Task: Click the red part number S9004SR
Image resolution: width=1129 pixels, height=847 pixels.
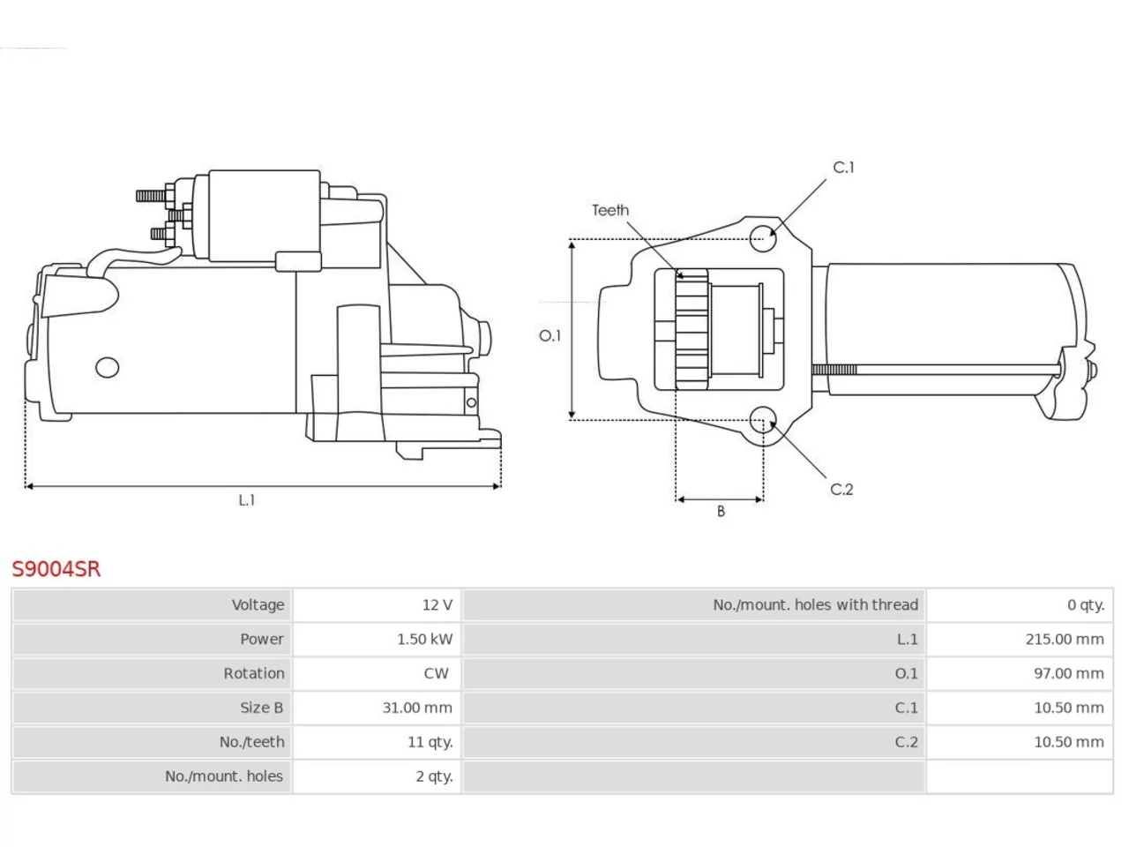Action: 56,569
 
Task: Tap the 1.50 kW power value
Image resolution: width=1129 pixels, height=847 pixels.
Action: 425,640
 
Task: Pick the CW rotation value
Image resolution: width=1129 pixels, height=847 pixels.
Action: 437,673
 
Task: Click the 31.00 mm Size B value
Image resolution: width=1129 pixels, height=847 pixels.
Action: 417,708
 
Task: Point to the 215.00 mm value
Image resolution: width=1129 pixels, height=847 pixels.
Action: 1065,640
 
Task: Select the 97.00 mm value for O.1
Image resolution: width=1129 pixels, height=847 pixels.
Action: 1069,673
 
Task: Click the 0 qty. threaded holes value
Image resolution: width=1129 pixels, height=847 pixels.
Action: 1086,604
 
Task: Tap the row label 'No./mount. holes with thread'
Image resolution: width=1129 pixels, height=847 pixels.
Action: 815,604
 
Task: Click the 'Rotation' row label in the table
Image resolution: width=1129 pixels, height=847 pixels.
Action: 253,673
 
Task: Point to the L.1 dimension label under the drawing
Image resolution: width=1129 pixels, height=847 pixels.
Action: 247,500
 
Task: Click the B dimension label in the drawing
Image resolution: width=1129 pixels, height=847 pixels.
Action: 721,511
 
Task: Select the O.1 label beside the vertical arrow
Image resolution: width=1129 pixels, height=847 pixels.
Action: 550,336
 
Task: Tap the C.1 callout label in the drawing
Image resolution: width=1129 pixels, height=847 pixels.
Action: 843,167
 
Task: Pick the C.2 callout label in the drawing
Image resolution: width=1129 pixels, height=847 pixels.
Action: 841,489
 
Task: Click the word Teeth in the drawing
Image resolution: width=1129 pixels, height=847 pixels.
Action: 610,210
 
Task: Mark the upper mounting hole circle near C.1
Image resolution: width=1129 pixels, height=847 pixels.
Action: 763,238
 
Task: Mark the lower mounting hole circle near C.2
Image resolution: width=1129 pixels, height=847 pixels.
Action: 763,420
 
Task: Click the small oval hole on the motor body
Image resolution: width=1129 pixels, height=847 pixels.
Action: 108,367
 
